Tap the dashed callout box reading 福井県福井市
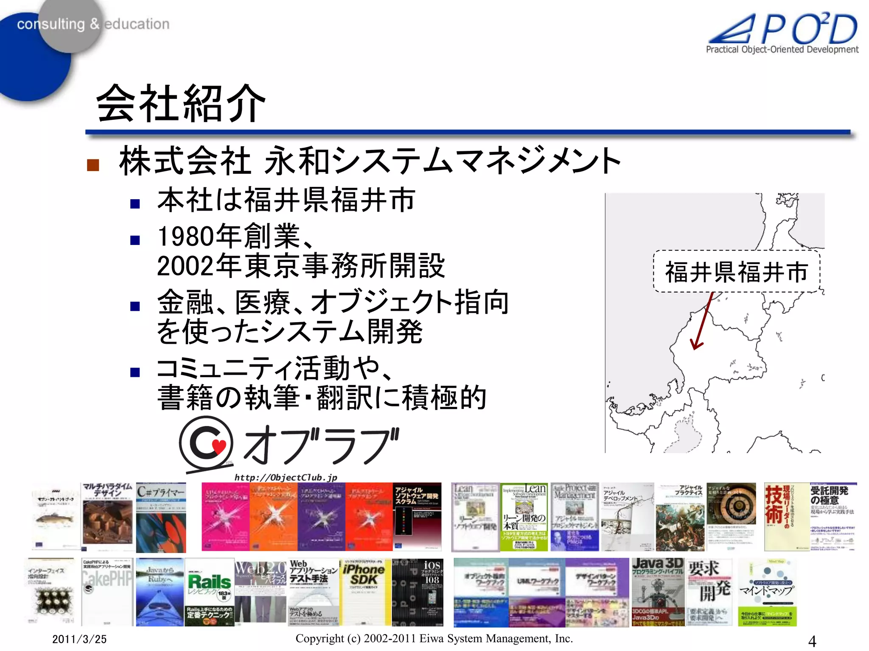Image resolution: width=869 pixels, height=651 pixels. tap(736, 272)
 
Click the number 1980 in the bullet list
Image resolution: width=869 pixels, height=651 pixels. tap(186, 236)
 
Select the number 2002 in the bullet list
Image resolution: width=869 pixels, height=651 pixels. tap(186, 266)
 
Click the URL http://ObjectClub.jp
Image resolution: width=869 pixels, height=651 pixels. tap(286, 478)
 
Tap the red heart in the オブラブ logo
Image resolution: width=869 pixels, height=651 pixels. tap(219, 446)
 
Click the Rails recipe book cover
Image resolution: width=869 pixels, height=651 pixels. tap(210, 592)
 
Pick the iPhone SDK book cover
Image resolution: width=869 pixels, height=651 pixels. tap(364, 592)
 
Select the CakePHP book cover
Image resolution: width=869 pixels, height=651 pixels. tap(107, 592)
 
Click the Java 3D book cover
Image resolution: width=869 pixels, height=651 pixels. tap(657, 592)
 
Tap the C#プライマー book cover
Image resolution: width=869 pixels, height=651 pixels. tap(161, 517)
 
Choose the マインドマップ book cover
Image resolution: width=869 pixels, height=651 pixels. tap(767, 592)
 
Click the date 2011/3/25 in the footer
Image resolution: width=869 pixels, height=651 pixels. tap(79, 639)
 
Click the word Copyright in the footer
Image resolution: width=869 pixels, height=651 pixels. tap(320, 638)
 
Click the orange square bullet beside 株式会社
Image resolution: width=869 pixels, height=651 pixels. tap(93, 165)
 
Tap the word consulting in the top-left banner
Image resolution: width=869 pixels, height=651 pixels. tap(50, 24)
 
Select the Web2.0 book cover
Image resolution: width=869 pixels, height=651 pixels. tap(261, 592)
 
